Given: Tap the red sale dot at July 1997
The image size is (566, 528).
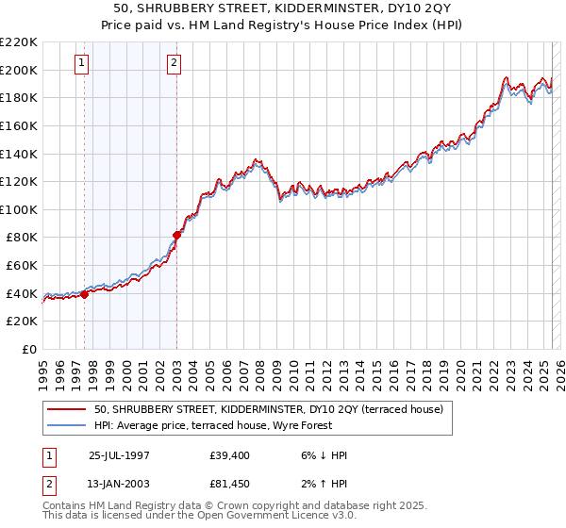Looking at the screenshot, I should [85, 294].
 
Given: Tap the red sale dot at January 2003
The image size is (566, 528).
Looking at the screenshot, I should [176, 235].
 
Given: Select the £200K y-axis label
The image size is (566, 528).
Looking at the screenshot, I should [19, 70].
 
